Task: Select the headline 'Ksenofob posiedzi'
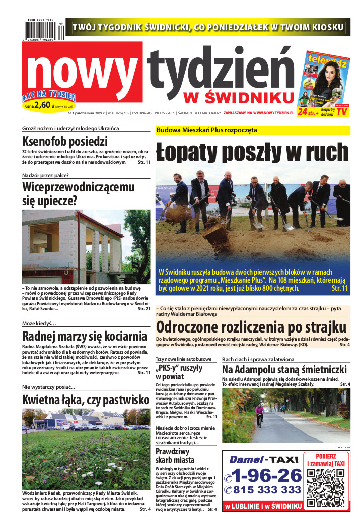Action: [x=65, y=141]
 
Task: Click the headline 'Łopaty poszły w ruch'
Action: [x=252, y=152]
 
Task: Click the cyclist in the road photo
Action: [x=260, y=414]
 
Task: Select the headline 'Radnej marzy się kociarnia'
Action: [x=85, y=337]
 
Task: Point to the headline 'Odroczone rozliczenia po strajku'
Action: [x=251, y=326]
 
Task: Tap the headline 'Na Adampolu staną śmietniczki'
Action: [x=284, y=369]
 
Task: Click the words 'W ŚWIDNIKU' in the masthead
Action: [x=238, y=96]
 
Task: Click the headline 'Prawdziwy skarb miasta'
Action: [x=175, y=455]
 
